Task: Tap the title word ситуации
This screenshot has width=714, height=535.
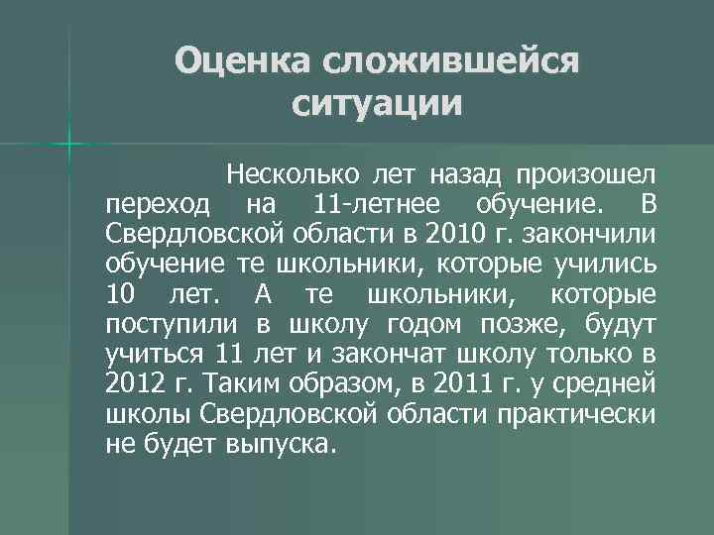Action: [x=378, y=103]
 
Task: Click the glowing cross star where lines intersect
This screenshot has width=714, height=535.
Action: [x=67, y=144]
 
